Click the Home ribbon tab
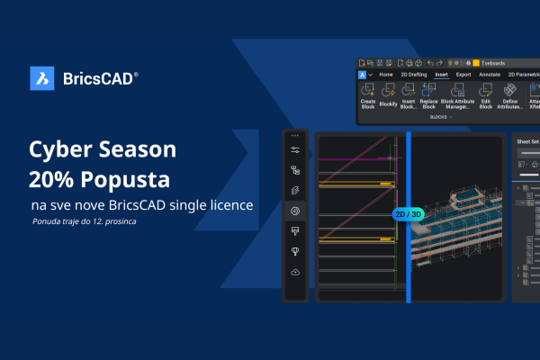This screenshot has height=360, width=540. pos(387,75)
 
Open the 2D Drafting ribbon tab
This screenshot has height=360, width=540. pos(415,75)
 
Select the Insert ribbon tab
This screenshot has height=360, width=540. pos(442,75)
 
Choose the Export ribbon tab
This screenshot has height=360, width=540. pos(464,75)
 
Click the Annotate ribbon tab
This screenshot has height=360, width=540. pos(490,75)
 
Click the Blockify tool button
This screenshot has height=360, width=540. pos(389,96)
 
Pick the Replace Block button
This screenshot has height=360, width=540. pos(428,96)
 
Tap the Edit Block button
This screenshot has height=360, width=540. pos(486,96)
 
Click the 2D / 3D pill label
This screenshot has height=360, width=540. pos(408,214)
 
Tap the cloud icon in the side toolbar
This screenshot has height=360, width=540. pos(295,272)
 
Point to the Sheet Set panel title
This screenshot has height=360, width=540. pos(527,141)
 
